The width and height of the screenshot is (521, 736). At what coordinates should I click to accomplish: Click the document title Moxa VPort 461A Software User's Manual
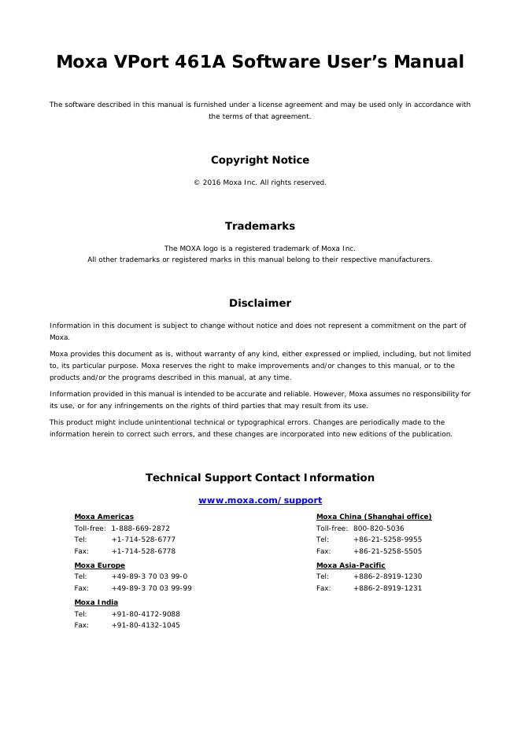(x=260, y=62)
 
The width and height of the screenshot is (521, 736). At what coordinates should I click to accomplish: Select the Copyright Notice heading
(x=260, y=160)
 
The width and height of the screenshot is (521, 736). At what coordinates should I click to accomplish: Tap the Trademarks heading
(x=260, y=226)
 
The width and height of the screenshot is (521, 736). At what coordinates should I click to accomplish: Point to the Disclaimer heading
(x=260, y=304)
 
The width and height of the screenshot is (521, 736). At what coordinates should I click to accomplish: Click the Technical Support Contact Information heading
(x=260, y=478)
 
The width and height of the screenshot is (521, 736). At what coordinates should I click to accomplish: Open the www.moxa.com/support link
(x=260, y=501)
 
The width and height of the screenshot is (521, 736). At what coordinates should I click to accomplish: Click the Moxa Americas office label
(x=104, y=517)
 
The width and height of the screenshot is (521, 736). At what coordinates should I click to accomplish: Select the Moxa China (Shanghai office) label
(x=374, y=517)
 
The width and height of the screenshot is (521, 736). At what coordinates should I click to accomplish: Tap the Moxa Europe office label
(x=99, y=565)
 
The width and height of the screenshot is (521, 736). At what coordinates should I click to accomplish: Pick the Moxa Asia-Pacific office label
(x=350, y=565)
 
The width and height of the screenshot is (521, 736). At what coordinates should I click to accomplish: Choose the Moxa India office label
(x=96, y=602)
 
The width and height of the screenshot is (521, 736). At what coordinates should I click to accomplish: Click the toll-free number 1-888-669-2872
(x=140, y=528)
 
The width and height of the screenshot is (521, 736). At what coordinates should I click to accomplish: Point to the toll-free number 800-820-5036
(x=379, y=528)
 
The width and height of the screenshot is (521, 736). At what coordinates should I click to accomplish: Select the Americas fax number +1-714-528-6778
(x=143, y=551)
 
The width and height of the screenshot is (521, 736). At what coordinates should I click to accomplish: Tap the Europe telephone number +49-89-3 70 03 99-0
(x=149, y=576)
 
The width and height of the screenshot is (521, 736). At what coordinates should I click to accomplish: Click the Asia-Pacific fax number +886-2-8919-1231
(x=387, y=588)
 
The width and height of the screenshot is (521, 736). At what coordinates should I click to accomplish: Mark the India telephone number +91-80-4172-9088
(x=146, y=613)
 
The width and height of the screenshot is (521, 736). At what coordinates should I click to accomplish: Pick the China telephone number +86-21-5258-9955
(x=387, y=539)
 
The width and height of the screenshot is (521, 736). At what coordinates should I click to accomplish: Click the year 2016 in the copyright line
(x=212, y=182)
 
